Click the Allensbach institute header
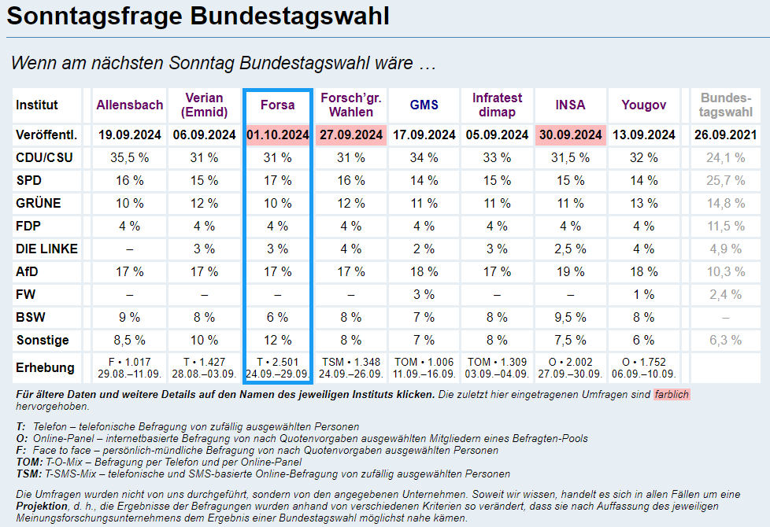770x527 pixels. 130,105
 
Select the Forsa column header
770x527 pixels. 277,105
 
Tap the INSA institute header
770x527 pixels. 570,105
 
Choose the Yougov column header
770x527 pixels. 643,105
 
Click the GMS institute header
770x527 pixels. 424,105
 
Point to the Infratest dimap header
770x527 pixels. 497,105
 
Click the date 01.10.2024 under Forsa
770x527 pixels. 277,135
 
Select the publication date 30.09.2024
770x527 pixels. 570,135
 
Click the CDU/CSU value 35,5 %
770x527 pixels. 130,158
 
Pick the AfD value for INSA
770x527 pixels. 570,272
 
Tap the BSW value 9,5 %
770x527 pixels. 570,318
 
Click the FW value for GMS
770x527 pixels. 424,295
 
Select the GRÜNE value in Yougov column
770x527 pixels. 643,204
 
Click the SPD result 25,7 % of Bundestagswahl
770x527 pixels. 725,181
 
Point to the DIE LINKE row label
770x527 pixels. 46,249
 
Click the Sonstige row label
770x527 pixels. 43,341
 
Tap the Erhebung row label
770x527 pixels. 45,367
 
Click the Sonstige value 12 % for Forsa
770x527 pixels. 277,341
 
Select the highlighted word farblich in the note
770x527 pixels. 672,394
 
